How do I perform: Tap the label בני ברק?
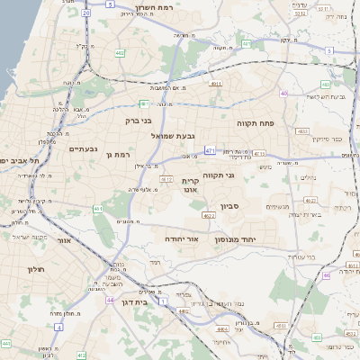pos(137,117)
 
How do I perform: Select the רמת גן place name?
pos(118,154)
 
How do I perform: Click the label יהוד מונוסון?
pos(236,239)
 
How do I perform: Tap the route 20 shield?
pos(85,13)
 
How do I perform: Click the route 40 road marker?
pos(284,93)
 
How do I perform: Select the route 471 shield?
pos(210,150)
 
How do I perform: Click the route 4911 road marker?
pos(215,84)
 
